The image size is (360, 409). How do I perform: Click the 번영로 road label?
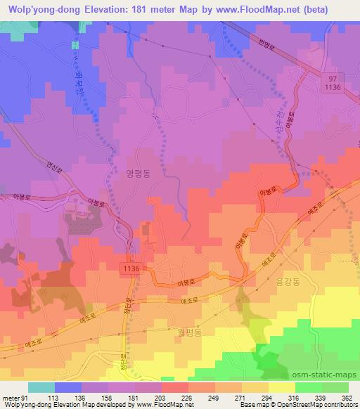[267, 44]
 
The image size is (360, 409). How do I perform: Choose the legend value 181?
[124, 397]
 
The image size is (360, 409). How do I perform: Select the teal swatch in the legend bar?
[41, 387]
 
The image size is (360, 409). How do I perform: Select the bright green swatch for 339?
[308, 387]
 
